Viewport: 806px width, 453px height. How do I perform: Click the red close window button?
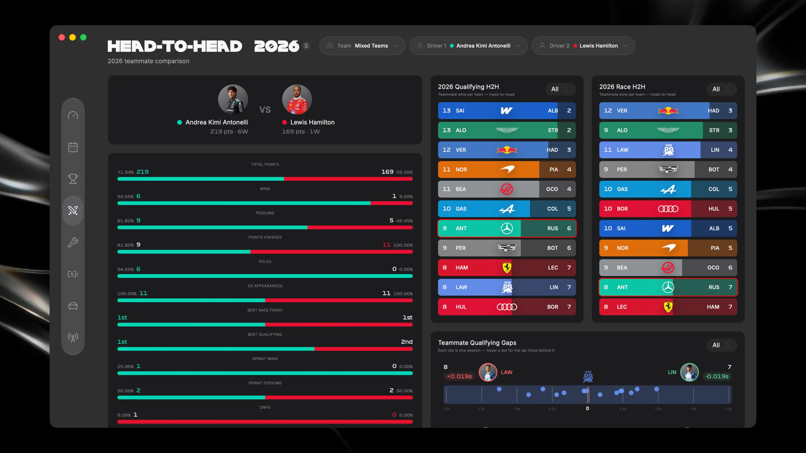62,37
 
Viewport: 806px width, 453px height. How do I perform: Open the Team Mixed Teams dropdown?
362,46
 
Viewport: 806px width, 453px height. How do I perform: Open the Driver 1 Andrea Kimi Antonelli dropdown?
468,46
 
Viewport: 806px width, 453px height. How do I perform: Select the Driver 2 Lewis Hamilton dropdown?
583,46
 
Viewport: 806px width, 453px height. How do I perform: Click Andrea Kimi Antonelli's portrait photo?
233,99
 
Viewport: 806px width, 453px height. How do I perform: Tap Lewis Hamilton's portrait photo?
297,99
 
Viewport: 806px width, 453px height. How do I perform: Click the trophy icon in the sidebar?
73,179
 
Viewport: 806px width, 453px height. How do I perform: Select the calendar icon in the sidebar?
73,147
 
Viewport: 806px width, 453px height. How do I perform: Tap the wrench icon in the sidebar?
73,242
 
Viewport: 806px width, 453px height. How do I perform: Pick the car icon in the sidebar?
73,306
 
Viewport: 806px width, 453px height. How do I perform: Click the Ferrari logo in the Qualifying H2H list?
507,268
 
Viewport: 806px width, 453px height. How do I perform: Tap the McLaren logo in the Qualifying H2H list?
507,169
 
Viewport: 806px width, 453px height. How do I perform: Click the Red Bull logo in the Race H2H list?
668,111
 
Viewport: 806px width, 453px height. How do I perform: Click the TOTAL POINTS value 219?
142,172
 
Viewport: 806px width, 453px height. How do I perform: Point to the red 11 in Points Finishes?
386,245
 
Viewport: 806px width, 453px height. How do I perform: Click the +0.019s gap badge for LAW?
459,376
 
